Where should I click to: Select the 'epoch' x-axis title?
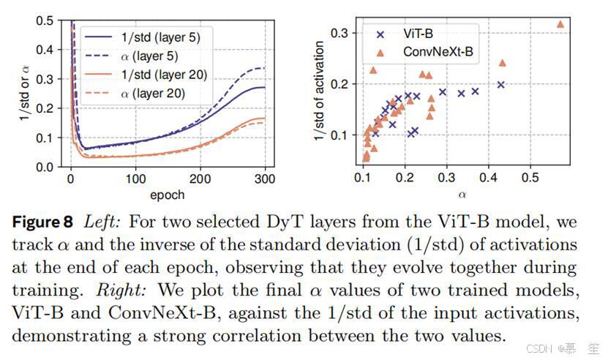(x=167, y=195)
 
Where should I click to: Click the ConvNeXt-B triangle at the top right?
(x=560, y=24)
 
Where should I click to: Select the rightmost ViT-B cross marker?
(x=501, y=85)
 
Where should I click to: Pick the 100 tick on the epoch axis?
(x=135, y=179)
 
